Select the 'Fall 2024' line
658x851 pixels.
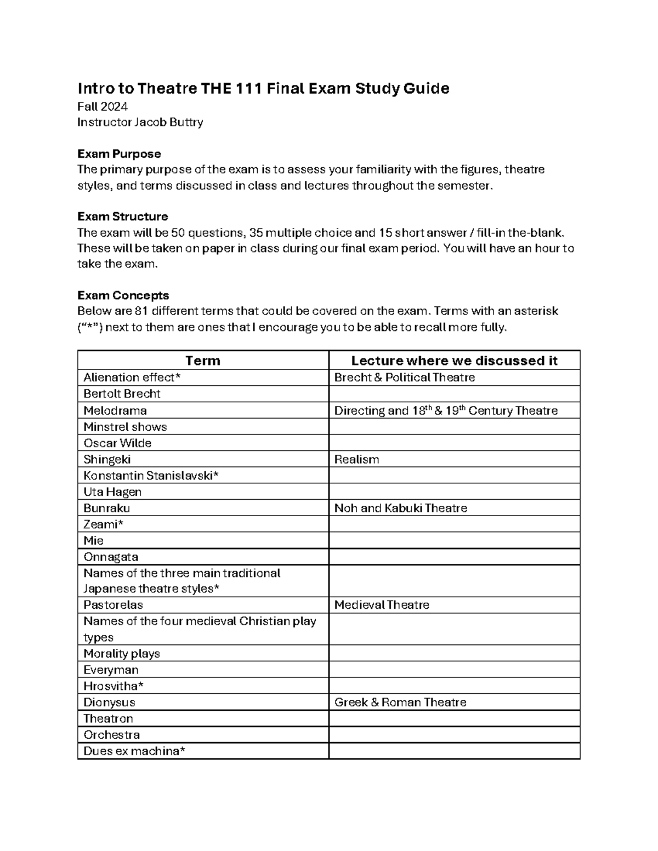(x=103, y=106)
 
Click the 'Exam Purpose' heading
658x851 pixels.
(x=119, y=153)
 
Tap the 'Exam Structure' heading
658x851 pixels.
(x=123, y=216)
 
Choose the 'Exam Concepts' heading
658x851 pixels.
(x=123, y=295)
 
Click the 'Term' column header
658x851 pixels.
(x=203, y=361)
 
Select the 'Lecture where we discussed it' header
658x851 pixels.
(x=454, y=361)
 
